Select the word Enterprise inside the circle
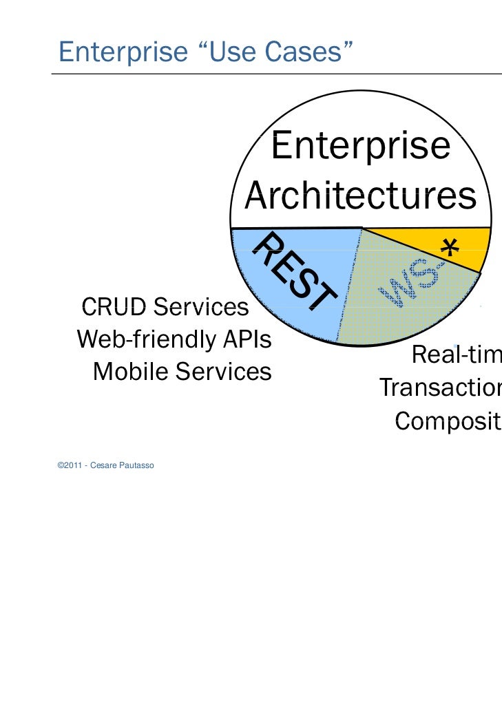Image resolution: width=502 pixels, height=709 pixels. (360, 147)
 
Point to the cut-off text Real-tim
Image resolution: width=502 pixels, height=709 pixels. (456, 357)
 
